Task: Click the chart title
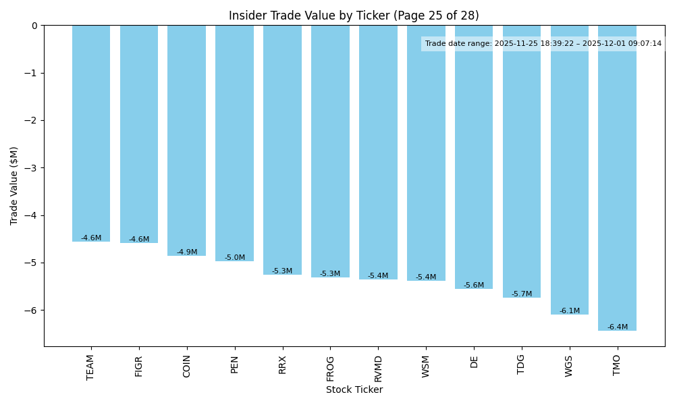tap(354, 16)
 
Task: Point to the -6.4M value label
tap(617, 327)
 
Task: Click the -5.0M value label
tap(235, 258)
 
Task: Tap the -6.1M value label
tap(570, 311)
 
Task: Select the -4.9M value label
tap(187, 252)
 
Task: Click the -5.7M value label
tap(522, 294)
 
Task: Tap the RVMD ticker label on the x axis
tap(378, 369)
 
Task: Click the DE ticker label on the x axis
tap(474, 362)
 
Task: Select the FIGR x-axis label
tap(139, 367)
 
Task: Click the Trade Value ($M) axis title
tap(14, 186)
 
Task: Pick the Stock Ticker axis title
tap(354, 390)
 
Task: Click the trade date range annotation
tap(543, 44)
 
